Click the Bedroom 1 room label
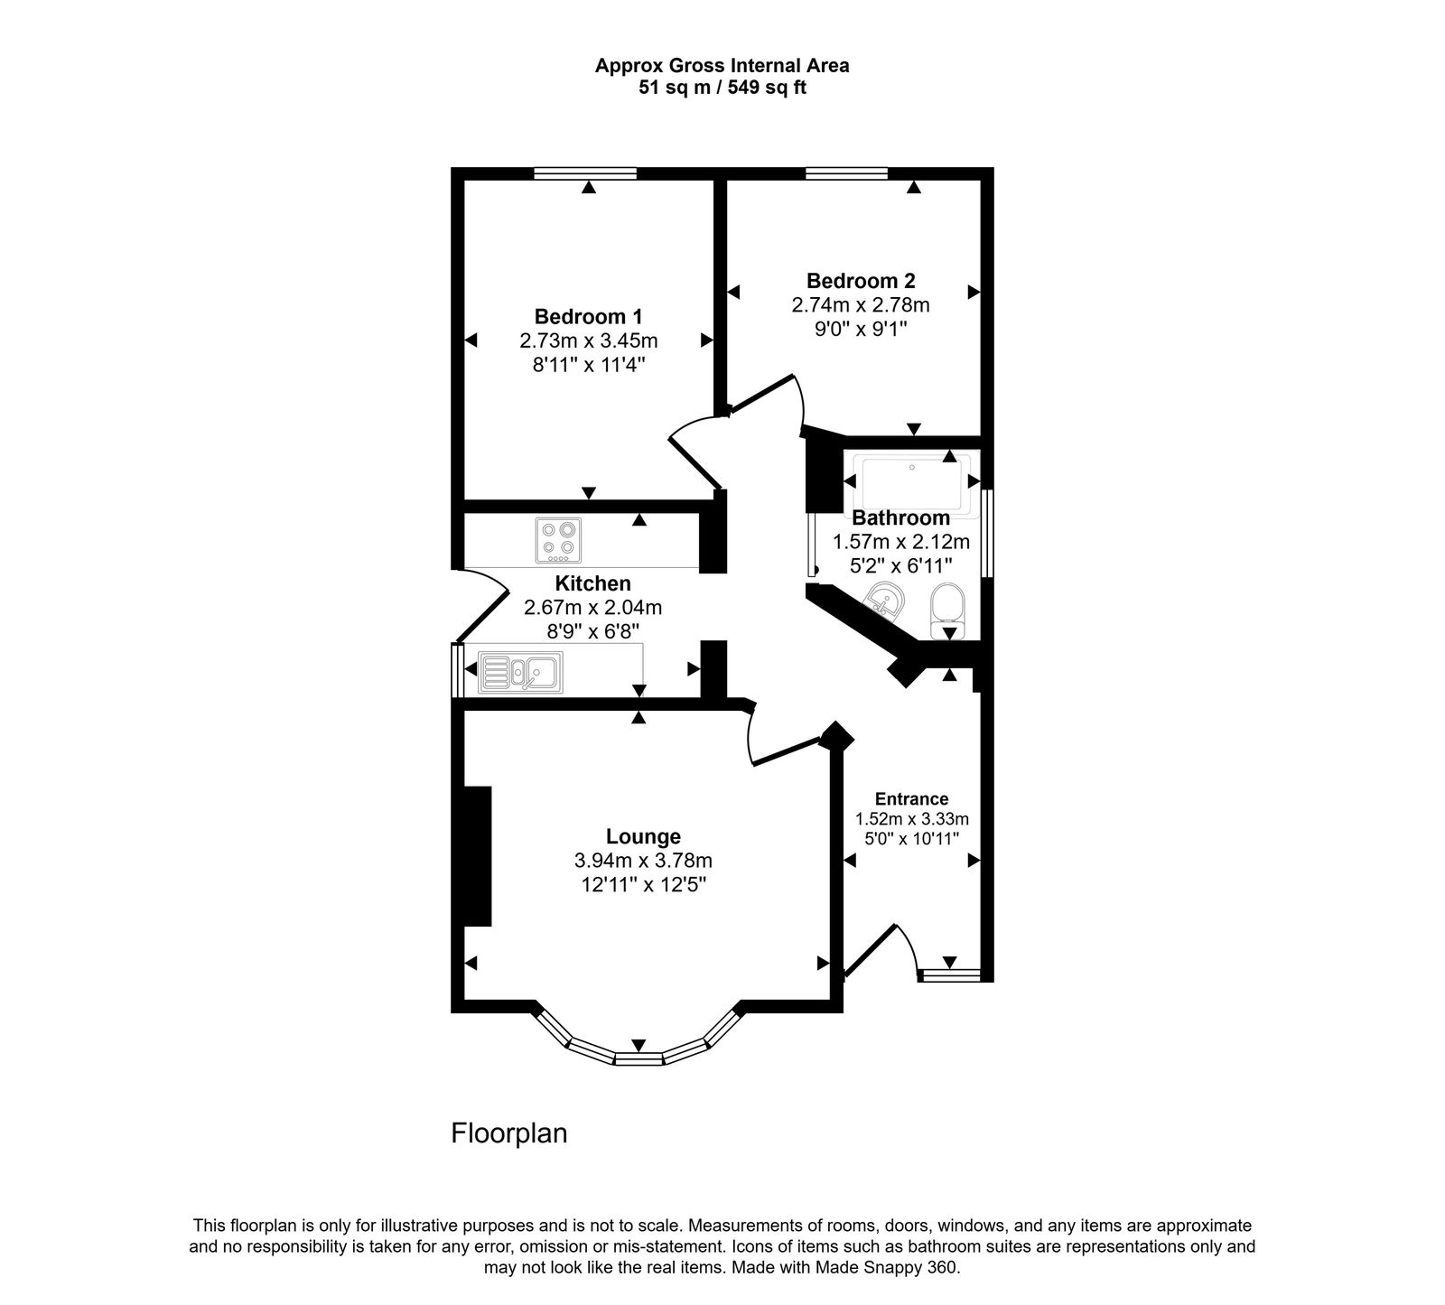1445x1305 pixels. [588, 317]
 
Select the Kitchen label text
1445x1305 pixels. [592, 583]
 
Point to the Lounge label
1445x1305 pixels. [643, 837]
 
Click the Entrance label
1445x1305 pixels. [911, 799]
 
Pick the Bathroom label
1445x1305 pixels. [900, 518]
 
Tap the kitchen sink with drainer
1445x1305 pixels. [519, 673]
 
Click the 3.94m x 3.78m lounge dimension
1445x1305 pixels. [642, 861]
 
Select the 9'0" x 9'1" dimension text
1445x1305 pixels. [860, 330]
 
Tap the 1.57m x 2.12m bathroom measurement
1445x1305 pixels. [900, 543]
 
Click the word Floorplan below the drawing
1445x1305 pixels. [508, 1133]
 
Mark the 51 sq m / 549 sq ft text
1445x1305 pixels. [722, 89]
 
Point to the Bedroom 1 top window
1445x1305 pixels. [584, 173]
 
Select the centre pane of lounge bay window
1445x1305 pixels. [639, 1058]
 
